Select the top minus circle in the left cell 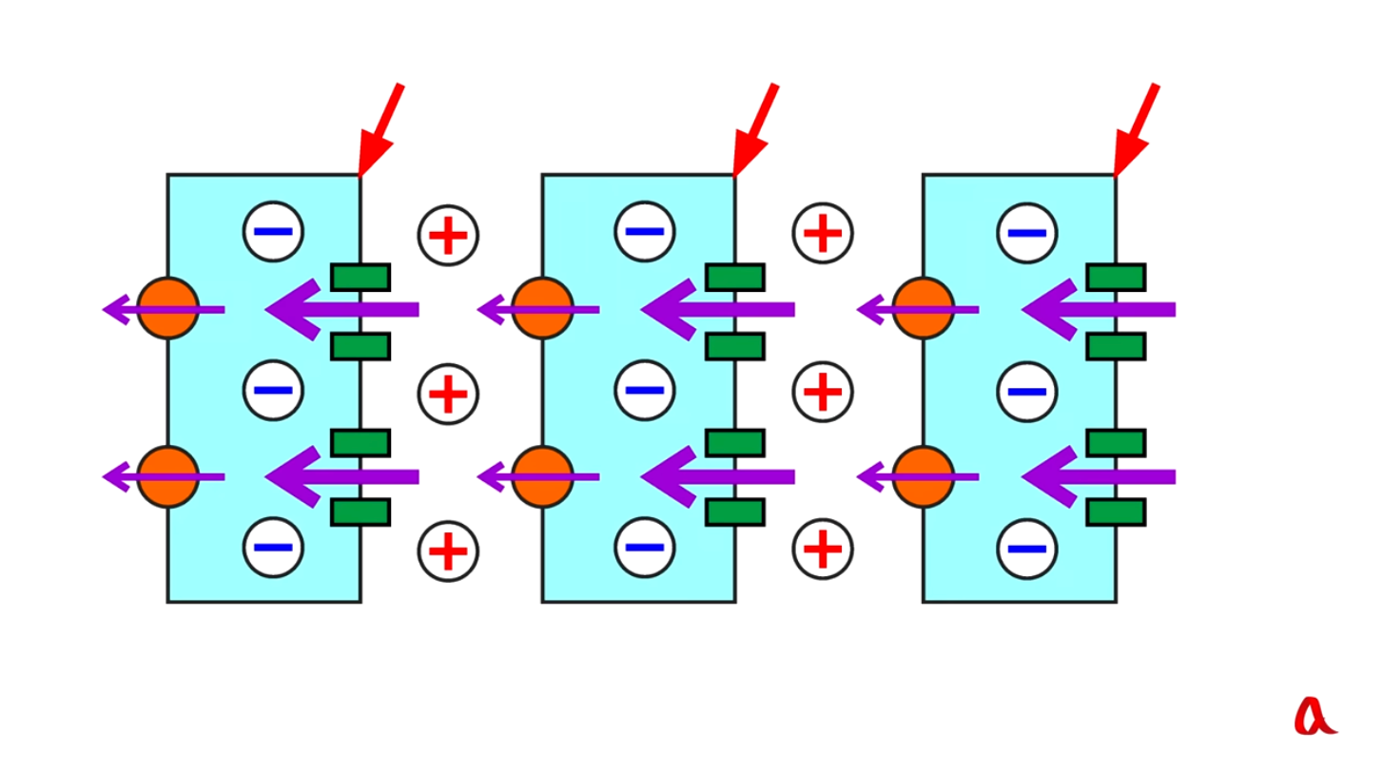(274, 232)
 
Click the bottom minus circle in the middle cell (645, 548)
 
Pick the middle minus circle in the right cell (1027, 392)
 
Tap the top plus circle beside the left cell (448, 235)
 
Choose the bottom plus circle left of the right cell (823, 549)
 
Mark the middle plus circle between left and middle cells (448, 394)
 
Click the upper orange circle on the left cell (168, 309)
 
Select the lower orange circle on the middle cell (543, 477)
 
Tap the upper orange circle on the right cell (924, 309)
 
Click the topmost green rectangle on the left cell (360, 278)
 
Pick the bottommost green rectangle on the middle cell (735, 512)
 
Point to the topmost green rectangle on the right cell (1117, 278)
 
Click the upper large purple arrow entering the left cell (342, 309)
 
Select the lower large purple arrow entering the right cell (1099, 477)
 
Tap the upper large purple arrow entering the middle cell (717, 309)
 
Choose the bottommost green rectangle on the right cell (1117, 512)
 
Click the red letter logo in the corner (1314, 716)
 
